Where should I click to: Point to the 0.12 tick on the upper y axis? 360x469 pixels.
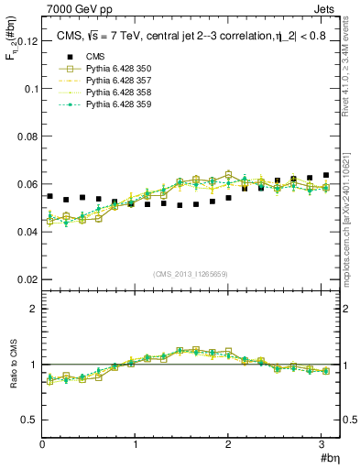(x=27, y=41)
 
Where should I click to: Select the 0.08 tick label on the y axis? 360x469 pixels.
(x=27, y=136)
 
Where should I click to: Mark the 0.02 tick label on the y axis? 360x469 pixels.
(x=27, y=278)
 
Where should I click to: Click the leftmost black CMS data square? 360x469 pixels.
(x=49, y=196)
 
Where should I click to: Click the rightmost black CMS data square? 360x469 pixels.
(x=326, y=175)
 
